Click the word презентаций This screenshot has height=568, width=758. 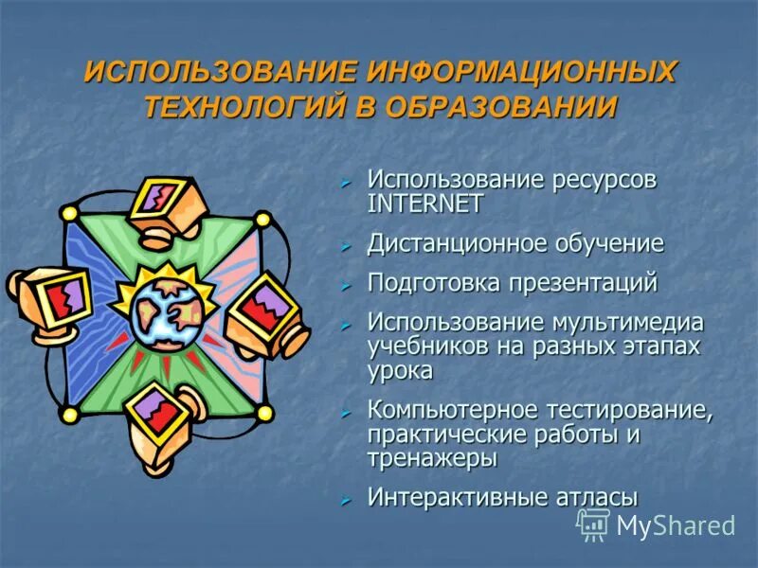[x=577, y=282]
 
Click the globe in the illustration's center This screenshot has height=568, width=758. [x=167, y=309]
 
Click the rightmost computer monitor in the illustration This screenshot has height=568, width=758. [x=266, y=311]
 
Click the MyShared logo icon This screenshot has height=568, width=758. [x=594, y=524]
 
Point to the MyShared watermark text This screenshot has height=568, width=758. [x=676, y=525]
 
